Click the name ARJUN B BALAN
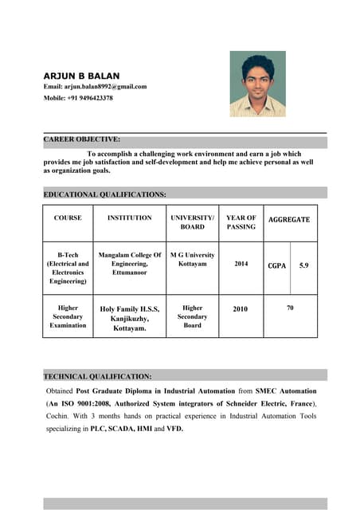click(81, 75)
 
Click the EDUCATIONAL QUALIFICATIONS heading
click(104, 194)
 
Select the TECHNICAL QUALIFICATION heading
click(97, 375)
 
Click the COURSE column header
click(68, 218)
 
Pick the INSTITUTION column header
click(129, 218)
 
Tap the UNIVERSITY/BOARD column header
click(192, 222)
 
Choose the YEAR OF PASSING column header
click(241, 222)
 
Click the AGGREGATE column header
click(289, 219)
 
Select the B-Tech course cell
click(68, 268)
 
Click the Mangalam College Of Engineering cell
click(129, 263)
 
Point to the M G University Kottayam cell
click(192, 259)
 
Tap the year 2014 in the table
click(241, 263)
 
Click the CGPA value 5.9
click(303, 265)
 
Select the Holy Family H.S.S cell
click(129, 318)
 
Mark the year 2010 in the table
click(241, 309)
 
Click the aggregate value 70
click(290, 307)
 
